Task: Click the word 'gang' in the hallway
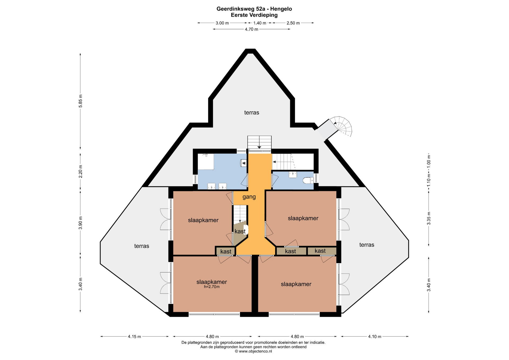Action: tap(249, 197)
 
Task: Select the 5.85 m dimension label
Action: tap(81, 101)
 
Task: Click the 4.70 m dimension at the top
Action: tap(251, 29)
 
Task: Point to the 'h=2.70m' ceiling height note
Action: tap(212, 287)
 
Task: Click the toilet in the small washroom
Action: tap(308, 181)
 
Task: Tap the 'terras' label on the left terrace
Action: tap(142, 246)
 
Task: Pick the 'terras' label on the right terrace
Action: tap(367, 245)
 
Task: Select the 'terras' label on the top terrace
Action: tap(252, 113)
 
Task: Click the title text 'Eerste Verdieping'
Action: tap(254, 15)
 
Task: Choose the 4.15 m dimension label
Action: tap(134, 337)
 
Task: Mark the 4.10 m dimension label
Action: tap(375, 337)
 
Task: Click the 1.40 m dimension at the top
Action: tap(260, 23)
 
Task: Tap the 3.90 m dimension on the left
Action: tap(81, 223)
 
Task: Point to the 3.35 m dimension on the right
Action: tap(429, 218)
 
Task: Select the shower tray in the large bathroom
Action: tap(206, 161)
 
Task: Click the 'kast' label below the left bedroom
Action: tap(226, 252)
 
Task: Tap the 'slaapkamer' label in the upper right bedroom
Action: tap(303, 218)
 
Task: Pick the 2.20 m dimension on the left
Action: tap(81, 172)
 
